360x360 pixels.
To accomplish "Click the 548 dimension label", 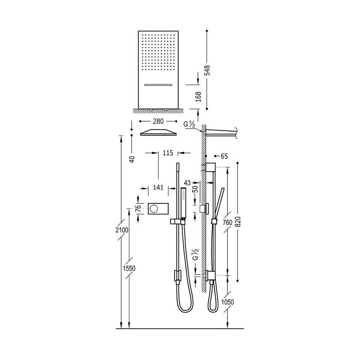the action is (x=207, y=70).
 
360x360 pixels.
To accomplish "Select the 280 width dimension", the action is (x=158, y=121).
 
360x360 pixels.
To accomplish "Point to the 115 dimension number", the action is (x=168, y=153).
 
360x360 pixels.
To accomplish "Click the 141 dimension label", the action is (x=158, y=187).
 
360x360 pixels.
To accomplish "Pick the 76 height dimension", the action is (x=138, y=208).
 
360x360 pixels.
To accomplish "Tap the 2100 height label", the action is (x=122, y=230).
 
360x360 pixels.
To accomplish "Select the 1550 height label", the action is (x=129, y=268).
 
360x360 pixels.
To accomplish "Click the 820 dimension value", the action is (x=238, y=222).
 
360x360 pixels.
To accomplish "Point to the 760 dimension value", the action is (x=227, y=223).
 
